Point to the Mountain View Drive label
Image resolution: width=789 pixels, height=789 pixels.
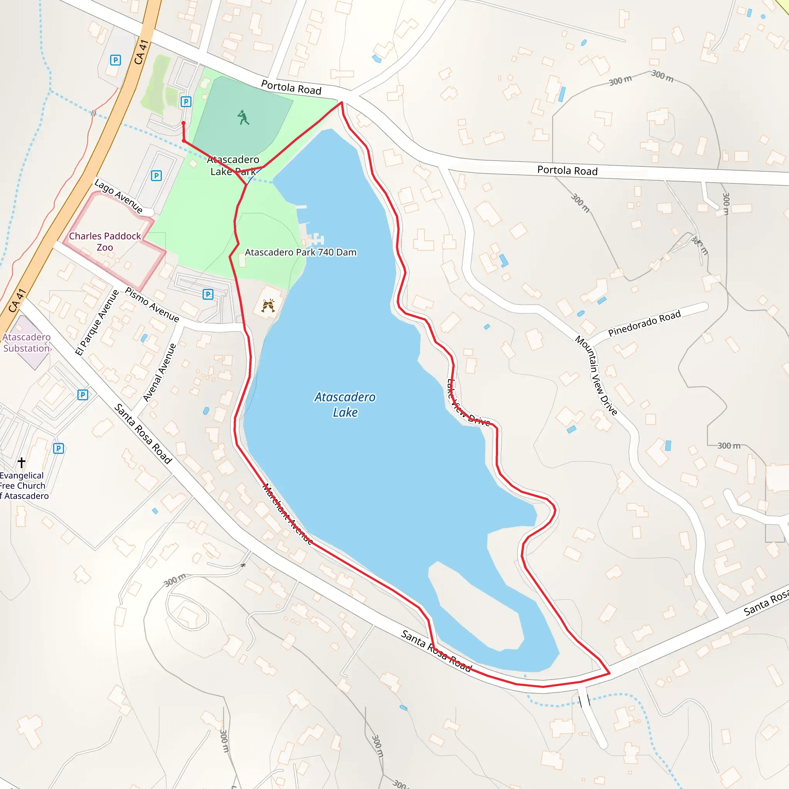tap(596, 375)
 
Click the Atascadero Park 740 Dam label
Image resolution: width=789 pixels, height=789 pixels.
tap(300, 252)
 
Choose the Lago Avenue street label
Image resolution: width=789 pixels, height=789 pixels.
tap(118, 196)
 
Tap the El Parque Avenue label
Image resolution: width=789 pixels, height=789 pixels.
tap(97, 322)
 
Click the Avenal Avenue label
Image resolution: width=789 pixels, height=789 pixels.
tap(159, 373)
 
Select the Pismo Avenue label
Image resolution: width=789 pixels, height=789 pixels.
tap(152, 305)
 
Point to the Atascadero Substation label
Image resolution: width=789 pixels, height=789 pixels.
tap(27, 342)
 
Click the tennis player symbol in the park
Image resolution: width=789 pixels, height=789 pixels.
tap(243, 118)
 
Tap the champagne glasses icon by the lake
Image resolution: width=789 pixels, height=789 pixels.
tap(268, 305)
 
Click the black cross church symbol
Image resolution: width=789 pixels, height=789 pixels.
tap(22, 462)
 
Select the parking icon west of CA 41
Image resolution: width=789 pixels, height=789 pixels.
tap(116, 60)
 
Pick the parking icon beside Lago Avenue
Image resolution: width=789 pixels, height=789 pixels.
tap(156, 176)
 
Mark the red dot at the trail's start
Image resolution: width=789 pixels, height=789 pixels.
tap(183, 123)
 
